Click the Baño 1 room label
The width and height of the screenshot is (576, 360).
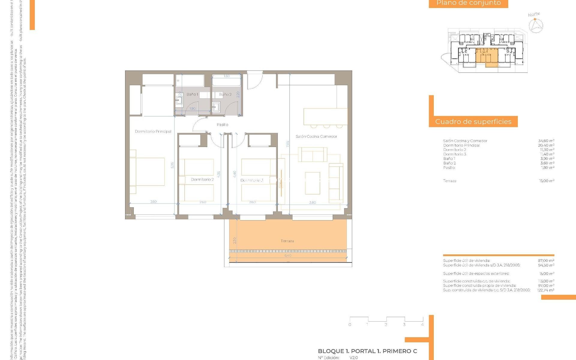click(192, 94)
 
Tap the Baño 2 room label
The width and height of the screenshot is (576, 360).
click(225, 94)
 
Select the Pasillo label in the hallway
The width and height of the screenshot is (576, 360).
click(222, 124)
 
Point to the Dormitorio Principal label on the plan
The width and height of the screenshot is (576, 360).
click(153, 131)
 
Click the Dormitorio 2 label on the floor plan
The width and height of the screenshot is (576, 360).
click(202, 179)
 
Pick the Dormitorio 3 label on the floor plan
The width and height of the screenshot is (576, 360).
click(252, 180)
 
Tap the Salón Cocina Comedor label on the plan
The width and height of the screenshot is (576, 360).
click(316, 136)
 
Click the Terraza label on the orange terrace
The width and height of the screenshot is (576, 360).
click(287, 241)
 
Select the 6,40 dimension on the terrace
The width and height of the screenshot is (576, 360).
click(288, 256)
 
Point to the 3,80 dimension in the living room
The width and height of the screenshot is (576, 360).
click(312, 202)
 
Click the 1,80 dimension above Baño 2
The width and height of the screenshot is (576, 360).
click(226, 76)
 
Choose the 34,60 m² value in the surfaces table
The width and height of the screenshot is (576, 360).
click(546, 141)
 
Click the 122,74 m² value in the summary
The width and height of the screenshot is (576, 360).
click(546, 290)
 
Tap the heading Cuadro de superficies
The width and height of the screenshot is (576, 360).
click(473, 121)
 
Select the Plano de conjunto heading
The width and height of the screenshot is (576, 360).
click(468, 3)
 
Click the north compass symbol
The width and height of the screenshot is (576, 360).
click(535, 25)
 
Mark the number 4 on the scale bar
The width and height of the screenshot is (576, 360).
click(422, 325)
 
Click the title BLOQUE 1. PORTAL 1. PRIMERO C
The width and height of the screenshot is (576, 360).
click(367, 351)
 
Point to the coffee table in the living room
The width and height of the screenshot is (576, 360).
click(312, 183)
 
